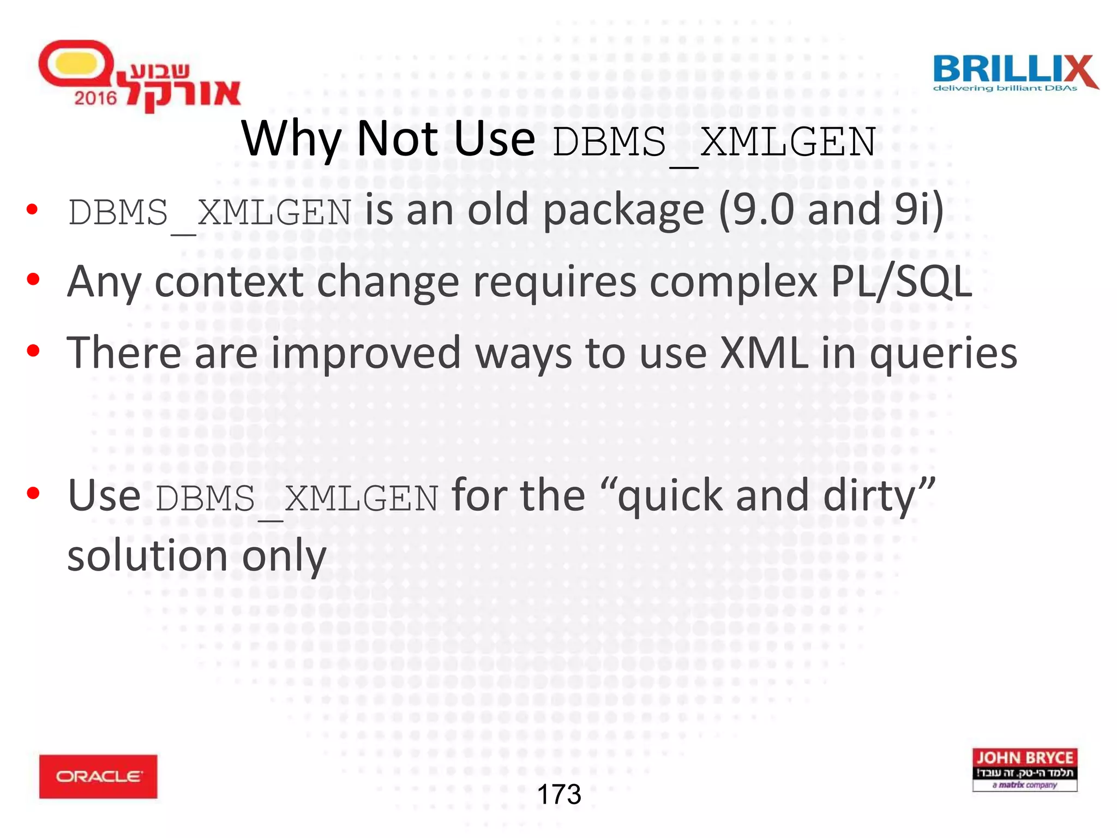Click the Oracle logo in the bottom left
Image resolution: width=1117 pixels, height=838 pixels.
[98, 776]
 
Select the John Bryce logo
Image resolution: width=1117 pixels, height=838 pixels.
[1024, 770]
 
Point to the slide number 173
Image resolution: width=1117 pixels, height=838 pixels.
[559, 794]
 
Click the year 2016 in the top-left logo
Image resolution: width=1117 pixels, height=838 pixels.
[95, 98]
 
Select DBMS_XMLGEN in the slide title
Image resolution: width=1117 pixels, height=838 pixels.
[713, 142]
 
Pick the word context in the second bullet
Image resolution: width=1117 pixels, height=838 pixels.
[229, 282]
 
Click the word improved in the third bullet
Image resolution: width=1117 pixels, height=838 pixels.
[366, 354]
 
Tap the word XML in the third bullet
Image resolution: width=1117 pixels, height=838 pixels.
[764, 353]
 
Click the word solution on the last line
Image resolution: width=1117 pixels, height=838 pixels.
[147, 556]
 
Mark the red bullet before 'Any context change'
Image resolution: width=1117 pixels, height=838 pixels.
[33, 280]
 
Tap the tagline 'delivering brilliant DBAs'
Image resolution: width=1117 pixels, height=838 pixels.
[1005, 88]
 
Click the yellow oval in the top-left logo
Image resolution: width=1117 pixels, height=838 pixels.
[76, 63]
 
